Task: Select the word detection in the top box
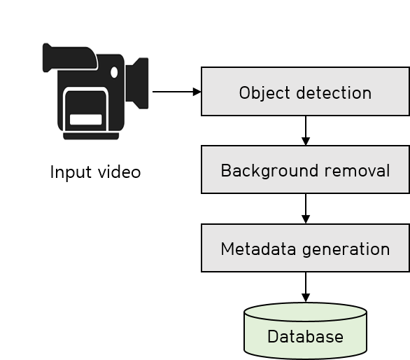334,92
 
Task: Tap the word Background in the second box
269,171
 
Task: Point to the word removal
358,171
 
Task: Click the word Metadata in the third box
258,249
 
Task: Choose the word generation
346,250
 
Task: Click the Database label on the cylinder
306,336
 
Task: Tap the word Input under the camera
71,173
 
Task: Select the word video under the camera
119,172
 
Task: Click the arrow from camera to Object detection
177,92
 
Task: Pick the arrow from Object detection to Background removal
306,130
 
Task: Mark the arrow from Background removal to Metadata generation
306,209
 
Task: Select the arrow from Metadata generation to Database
306,287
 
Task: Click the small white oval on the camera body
114,72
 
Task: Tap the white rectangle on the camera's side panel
86,119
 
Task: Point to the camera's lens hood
137,83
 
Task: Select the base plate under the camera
91,136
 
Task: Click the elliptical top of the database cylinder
306,312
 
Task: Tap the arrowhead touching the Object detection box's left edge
197,92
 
